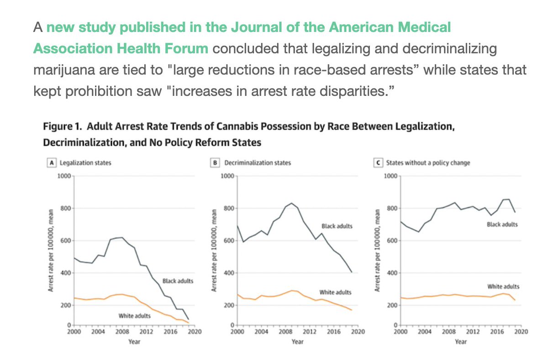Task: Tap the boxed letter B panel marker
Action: pyautogui.click(x=217, y=162)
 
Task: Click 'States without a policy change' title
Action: pyautogui.click(x=422, y=162)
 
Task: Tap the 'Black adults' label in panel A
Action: pyautogui.click(x=178, y=280)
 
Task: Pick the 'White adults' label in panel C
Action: pyautogui.click(x=504, y=286)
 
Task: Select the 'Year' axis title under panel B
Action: pyautogui.click(x=297, y=341)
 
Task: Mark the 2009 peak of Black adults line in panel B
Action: pyautogui.click(x=291, y=203)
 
